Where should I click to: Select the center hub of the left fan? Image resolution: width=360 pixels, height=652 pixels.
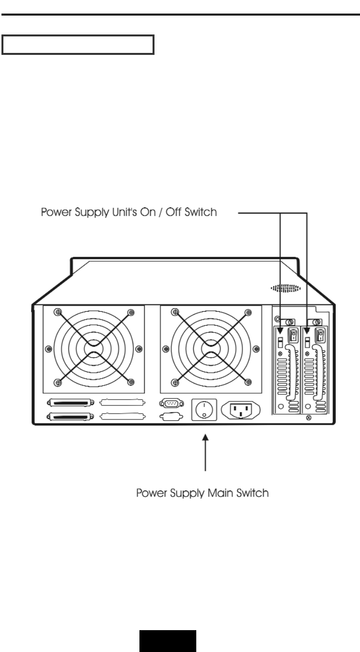(94, 348)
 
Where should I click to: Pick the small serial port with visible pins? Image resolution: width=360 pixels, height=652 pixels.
(171, 402)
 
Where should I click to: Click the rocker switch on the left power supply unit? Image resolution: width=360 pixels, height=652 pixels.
(293, 335)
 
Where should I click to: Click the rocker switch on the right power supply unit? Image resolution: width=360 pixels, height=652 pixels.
(320, 335)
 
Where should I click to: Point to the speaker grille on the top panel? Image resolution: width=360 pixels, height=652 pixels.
(286, 288)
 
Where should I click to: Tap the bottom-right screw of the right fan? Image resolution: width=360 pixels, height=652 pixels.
(248, 383)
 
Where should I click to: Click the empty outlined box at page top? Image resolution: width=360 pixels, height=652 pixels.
(78, 45)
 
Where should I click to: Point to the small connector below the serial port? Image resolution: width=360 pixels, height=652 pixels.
(171, 416)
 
